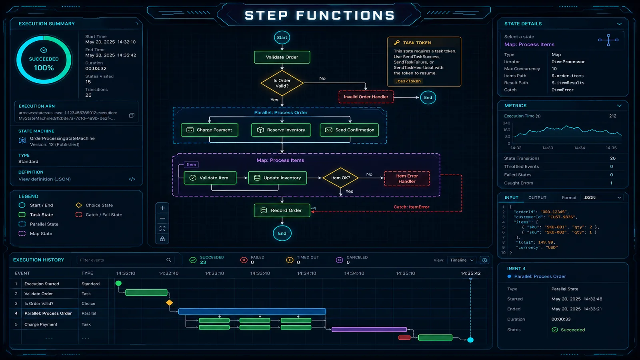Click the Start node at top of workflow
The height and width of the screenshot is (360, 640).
point(282,38)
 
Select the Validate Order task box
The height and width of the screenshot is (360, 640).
point(282,57)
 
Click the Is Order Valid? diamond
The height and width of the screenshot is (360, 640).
point(282,83)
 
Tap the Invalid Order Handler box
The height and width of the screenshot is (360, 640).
point(366,97)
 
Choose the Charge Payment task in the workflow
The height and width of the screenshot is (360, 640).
point(210,130)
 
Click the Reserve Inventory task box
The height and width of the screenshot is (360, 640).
point(281,130)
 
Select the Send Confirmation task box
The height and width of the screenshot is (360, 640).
point(349,130)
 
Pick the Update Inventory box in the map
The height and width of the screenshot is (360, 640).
point(278,178)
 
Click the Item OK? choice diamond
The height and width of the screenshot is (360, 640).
point(340,178)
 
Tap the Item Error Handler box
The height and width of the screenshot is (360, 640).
point(407,179)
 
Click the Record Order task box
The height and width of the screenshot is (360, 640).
point(282,210)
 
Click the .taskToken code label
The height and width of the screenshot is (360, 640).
point(408,81)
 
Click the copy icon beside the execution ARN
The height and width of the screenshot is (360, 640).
point(132,116)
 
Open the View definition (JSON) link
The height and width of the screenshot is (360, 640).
point(44,179)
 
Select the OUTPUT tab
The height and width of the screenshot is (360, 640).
point(537,198)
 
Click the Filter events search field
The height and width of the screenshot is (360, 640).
point(122,260)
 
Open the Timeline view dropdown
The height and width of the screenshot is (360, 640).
point(462,260)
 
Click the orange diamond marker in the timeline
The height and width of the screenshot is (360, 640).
point(170,303)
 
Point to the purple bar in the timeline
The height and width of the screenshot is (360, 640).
point(369,330)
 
